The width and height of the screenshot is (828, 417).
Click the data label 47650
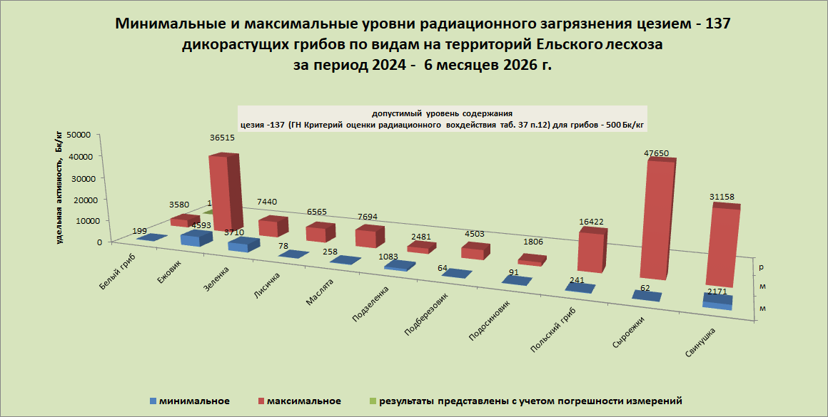point(657,153)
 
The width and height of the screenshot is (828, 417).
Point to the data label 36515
point(222,138)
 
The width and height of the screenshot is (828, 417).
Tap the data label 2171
point(718,291)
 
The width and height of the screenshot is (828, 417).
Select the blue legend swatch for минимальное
point(153,401)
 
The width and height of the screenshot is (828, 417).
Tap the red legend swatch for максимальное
point(261,401)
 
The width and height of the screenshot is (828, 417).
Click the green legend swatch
point(373,401)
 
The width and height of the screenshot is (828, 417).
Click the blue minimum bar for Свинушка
point(718,301)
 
